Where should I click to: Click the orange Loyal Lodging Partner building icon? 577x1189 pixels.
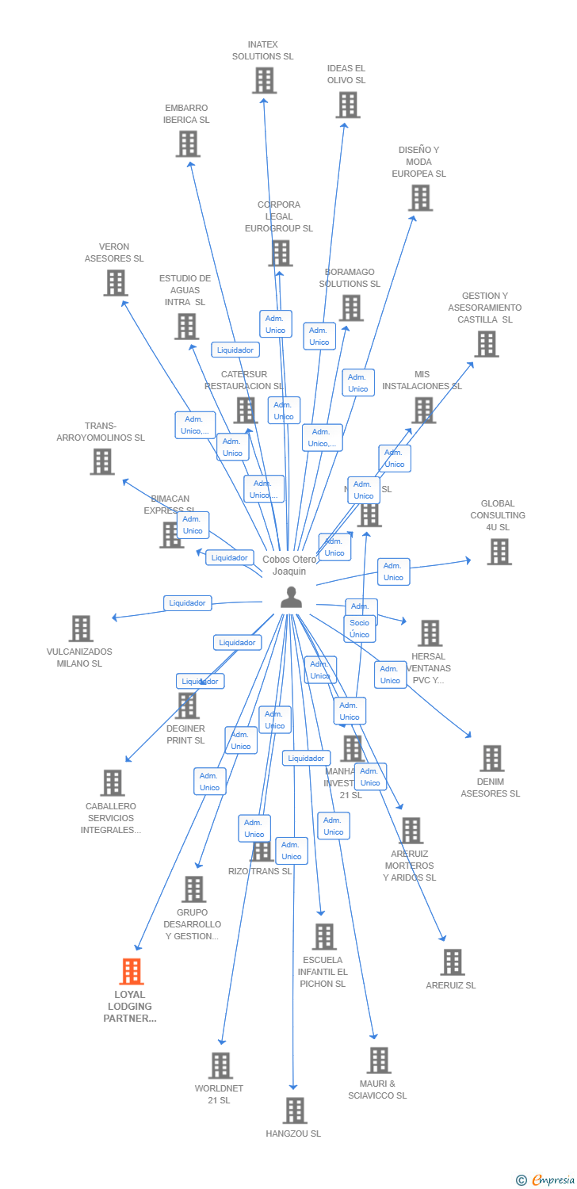132,971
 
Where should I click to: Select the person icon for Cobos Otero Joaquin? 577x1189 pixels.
292,598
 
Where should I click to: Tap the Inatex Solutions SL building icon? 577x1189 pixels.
264,80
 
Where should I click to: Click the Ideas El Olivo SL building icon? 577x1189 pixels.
347,105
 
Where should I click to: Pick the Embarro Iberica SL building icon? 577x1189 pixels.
187,143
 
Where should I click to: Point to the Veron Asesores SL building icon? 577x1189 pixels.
115,282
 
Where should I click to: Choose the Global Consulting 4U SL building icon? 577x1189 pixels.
499,552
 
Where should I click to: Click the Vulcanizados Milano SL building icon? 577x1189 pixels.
81,629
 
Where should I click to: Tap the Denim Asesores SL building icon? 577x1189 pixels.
491,759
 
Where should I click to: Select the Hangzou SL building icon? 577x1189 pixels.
294,1111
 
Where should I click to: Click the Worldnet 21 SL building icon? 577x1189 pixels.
220,1065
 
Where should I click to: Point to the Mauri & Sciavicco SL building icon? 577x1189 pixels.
379,1060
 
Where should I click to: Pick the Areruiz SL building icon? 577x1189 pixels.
452,962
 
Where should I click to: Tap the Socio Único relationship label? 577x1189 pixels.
360,629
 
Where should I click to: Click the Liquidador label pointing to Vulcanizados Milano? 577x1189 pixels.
188,603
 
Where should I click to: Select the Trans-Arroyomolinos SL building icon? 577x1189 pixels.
101,461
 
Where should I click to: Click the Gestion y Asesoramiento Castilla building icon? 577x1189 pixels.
486,344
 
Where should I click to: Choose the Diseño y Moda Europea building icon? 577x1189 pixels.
420,197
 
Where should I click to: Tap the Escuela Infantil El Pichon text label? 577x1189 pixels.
323,972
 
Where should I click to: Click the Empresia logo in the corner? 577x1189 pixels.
546,1179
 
